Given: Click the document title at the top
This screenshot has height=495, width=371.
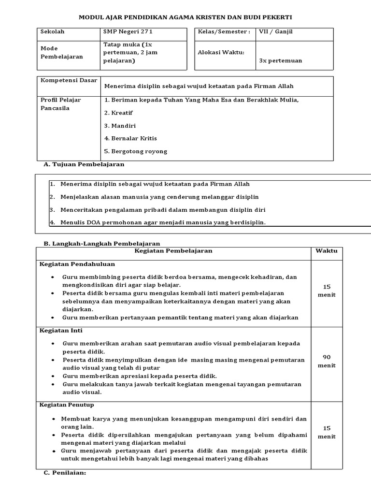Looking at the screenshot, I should click(x=185, y=17).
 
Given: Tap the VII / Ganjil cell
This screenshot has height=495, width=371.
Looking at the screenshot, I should click(x=276, y=32).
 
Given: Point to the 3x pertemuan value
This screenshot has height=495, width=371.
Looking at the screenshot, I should click(x=281, y=60).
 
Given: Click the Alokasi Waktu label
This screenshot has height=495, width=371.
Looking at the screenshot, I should click(x=221, y=52).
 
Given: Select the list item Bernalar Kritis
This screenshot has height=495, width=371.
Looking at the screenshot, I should click(x=130, y=138).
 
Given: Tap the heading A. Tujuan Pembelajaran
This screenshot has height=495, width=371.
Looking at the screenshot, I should click(x=84, y=164).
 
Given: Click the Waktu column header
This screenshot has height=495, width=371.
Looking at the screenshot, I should click(x=327, y=251).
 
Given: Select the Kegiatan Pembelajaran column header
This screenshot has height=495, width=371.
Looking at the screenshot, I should click(x=173, y=251).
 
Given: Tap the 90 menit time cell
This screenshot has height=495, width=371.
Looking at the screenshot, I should click(x=327, y=361).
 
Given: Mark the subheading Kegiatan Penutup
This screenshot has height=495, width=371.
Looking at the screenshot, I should click(x=67, y=405).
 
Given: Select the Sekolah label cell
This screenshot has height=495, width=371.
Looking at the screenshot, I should click(x=53, y=32).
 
